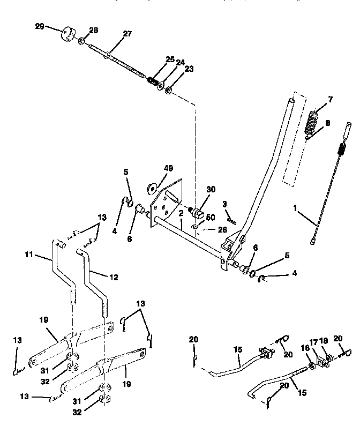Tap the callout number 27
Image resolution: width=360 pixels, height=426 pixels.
126,33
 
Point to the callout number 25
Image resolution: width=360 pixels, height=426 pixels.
170,59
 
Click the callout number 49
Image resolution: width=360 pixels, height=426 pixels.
169,168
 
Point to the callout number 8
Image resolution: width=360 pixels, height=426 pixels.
328,123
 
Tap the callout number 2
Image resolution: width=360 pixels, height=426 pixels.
182,213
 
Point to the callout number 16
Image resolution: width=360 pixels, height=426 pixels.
305,348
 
